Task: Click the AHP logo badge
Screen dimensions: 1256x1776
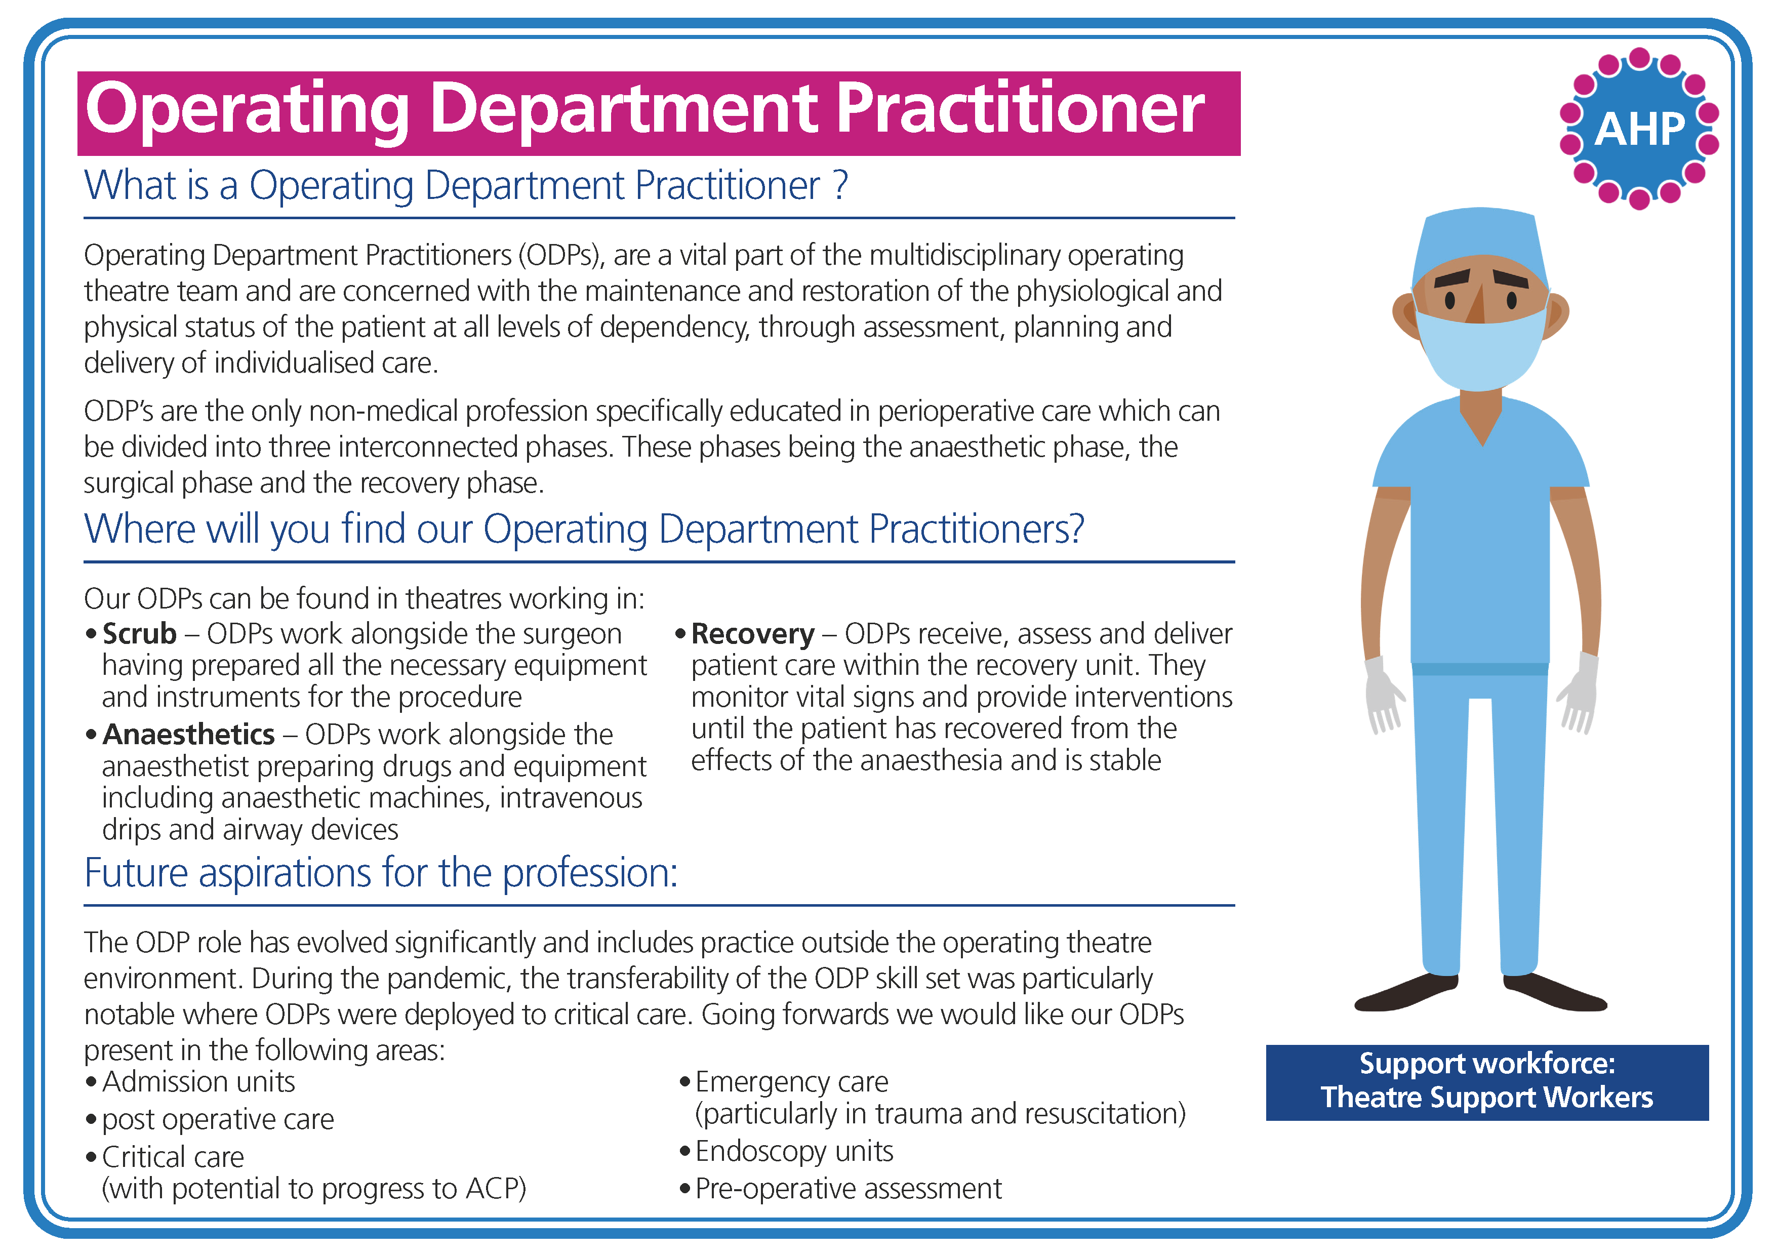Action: tap(1638, 129)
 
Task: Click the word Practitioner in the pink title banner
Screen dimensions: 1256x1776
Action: tap(1020, 110)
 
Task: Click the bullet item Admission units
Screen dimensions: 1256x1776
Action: tap(198, 1081)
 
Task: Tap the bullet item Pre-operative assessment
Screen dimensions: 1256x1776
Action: tap(848, 1188)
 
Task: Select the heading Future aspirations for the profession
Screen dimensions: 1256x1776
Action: tap(381, 873)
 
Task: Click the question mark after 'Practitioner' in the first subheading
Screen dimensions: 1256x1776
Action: tap(840, 186)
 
